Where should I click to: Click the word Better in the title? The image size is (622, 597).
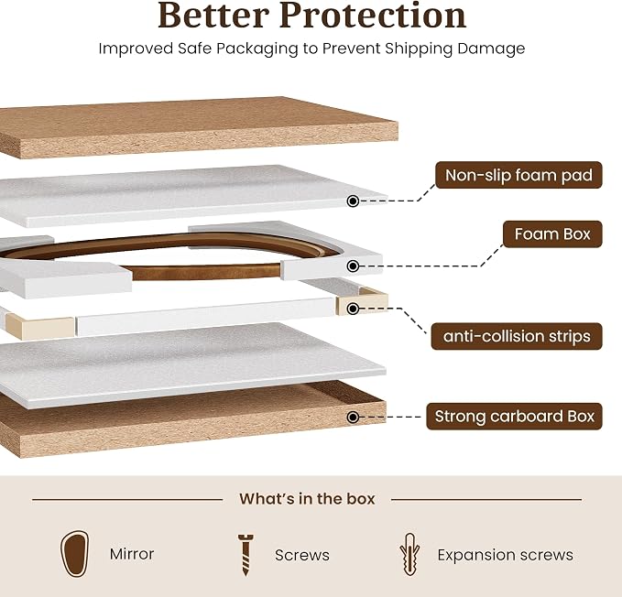pyautogui.click(x=213, y=15)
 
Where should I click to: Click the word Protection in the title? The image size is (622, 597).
pyautogui.click(x=373, y=15)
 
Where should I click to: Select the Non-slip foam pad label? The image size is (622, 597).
pyautogui.click(x=518, y=175)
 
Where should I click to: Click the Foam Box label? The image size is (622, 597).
pyautogui.click(x=552, y=233)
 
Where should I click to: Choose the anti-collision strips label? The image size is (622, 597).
pyautogui.click(x=517, y=336)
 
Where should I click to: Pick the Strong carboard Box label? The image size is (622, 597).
pyautogui.click(x=514, y=417)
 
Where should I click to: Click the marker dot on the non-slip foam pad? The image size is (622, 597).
pyautogui.click(x=353, y=201)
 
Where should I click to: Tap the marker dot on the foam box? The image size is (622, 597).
pyautogui.click(x=353, y=266)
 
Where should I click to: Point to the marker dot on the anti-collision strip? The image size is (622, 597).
pyautogui.click(x=353, y=309)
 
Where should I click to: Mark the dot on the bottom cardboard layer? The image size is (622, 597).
pyautogui.click(x=353, y=417)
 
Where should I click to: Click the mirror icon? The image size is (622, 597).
pyautogui.click(x=74, y=554)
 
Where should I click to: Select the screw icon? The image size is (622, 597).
pyautogui.click(x=246, y=555)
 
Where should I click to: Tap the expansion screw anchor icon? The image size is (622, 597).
pyautogui.click(x=409, y=554)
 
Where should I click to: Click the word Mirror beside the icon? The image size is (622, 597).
pyautogui.click(x=132, y=554)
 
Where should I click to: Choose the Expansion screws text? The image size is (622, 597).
pyautogui.click(x=505, y=555)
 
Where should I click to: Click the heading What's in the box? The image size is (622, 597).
pyautogui.click(x=307, y=499)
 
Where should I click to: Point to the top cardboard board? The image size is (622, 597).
pyautogui.click(x=199, y=127)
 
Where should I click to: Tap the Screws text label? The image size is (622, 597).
pyautogui.click(x=302, y=555)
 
